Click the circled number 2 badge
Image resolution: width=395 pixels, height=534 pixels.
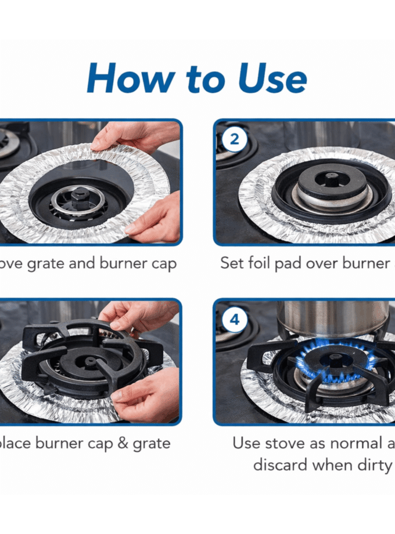[234, 140]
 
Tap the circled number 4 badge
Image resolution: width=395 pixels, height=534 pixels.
[234, 320]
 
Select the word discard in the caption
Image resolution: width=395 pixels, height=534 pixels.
[281, 465]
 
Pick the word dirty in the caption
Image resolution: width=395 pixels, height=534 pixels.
[371, 465]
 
